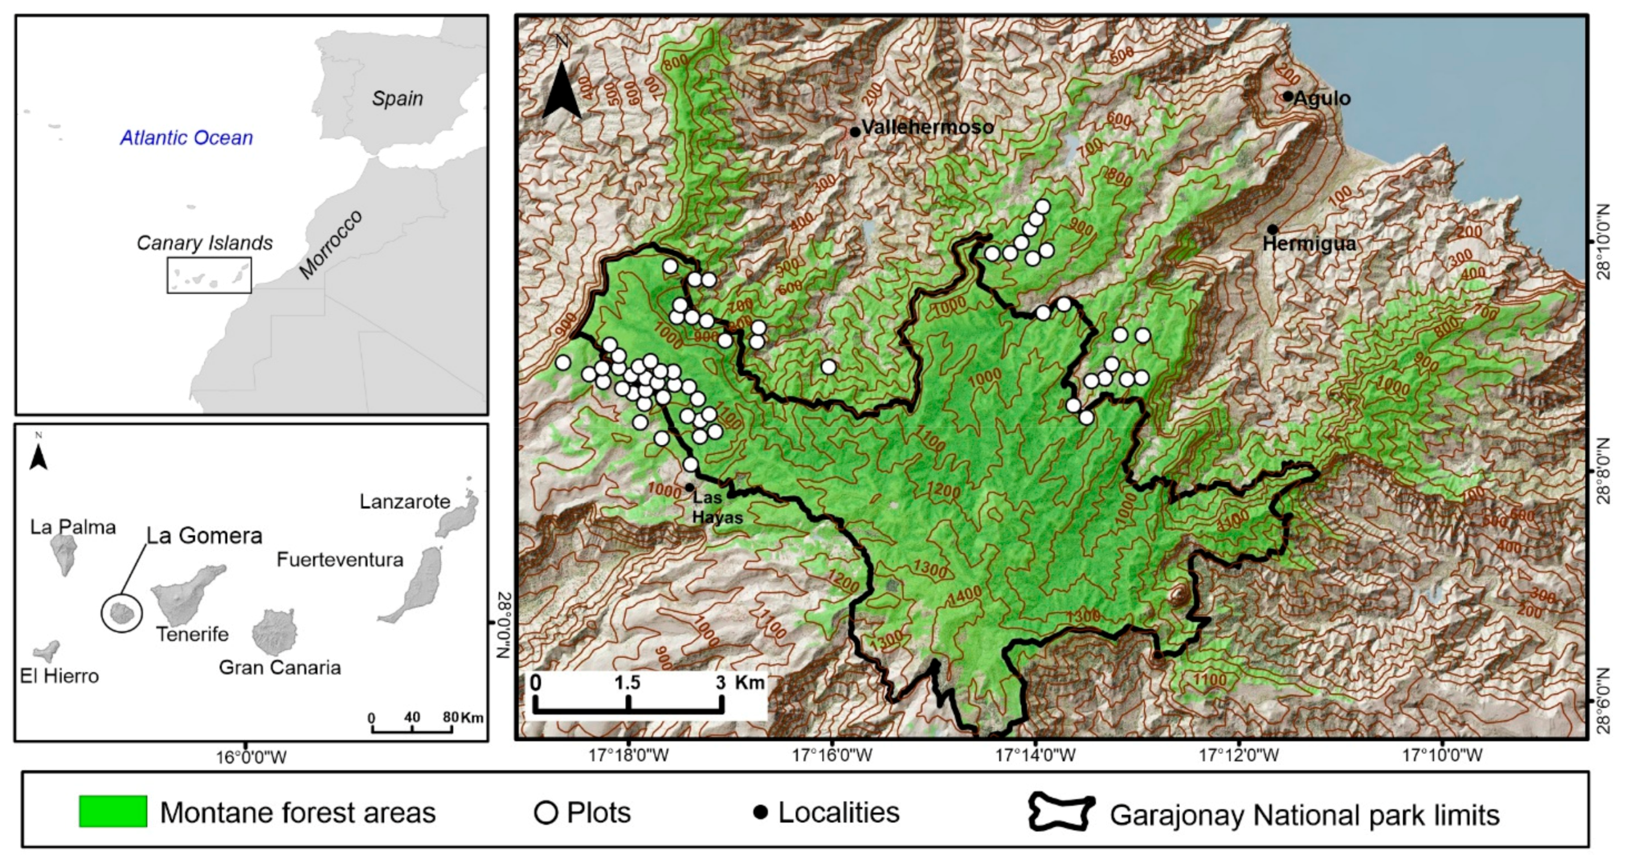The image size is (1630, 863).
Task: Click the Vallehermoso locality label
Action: tap(927, 127)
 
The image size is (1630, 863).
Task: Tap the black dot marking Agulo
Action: tap(1288, 96)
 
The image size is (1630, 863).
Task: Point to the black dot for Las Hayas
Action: tap(689, 487)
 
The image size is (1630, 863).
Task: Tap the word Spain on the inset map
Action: tap(397, 98)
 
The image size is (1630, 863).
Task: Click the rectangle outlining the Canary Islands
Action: tap(209, 275)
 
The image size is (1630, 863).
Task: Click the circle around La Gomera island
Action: tap(121, 613)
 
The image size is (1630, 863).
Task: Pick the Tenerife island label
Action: tap(193, 634)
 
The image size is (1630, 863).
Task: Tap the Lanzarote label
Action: tap(405, 501)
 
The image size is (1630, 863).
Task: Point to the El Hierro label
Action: tap(59, 676)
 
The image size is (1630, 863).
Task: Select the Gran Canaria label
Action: tap(280, 667)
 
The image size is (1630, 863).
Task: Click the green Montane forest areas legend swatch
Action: tap(112, 811)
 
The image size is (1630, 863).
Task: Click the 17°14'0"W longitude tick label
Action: tap(1035, 756)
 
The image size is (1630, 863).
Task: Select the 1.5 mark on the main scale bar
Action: tap(627, 682)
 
